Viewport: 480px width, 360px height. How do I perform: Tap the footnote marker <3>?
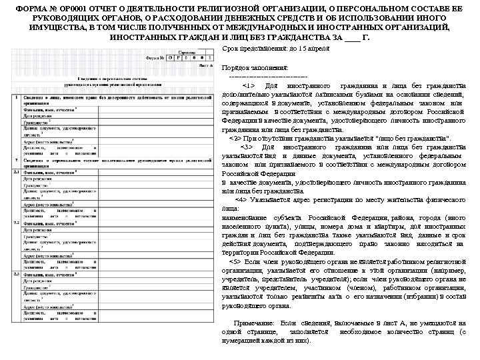click(248, 147)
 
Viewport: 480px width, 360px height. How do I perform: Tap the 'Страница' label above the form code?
click(187, 52)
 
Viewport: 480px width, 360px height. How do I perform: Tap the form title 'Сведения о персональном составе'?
click(111, 79)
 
